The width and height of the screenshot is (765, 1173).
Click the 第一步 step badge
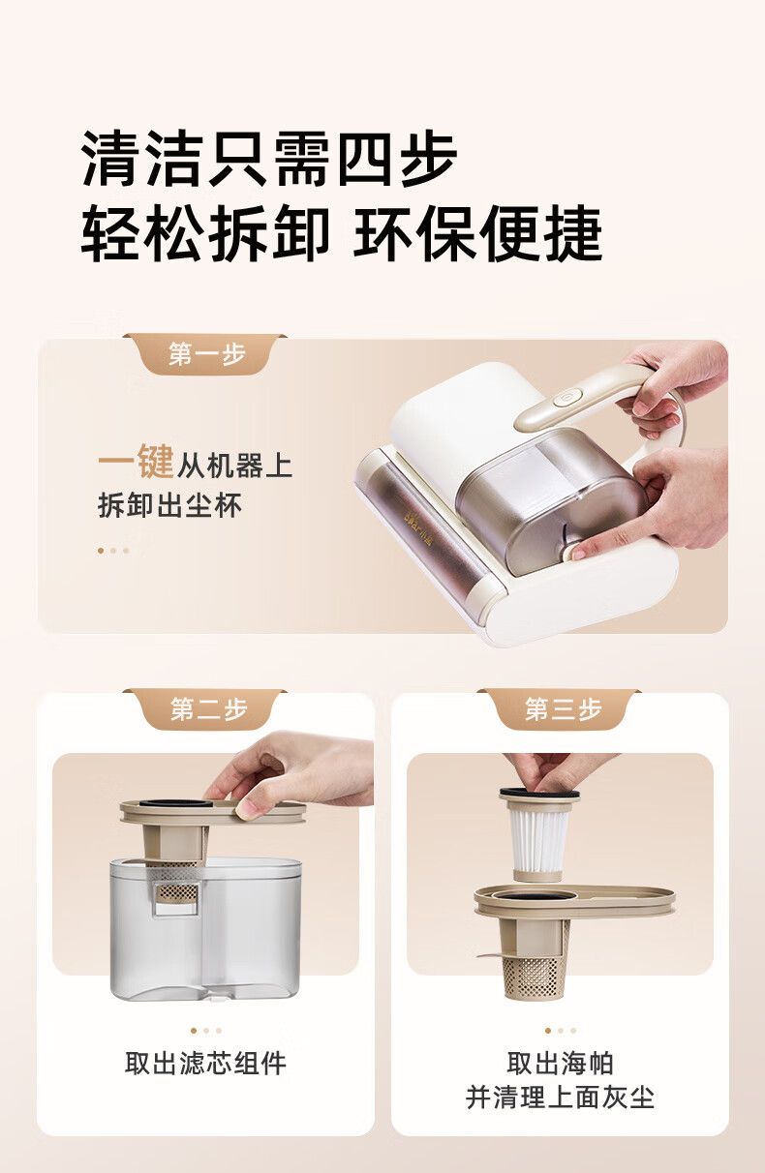click(x=206, y=354)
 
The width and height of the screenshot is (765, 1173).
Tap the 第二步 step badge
click(x=206, y=709)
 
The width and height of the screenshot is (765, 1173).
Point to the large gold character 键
click(x=155, y=461)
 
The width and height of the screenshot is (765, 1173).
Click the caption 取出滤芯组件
click(x=206, y=1064)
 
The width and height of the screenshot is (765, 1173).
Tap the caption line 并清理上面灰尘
click(x=560, y=1098)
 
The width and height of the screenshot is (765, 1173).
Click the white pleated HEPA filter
click(x=537, y=838)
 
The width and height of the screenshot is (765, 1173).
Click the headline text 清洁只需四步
click(x=269, y=158)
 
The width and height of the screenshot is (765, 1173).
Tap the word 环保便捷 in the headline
click(x=478, y=233)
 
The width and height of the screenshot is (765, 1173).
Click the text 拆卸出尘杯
click(x=169, y=505)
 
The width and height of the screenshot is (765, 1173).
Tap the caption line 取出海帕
click(x=560, y=1064)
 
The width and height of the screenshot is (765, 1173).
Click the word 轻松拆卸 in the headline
click(x=205, y=233)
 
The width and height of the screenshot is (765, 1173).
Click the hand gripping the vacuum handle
click(x=671, y=387)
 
